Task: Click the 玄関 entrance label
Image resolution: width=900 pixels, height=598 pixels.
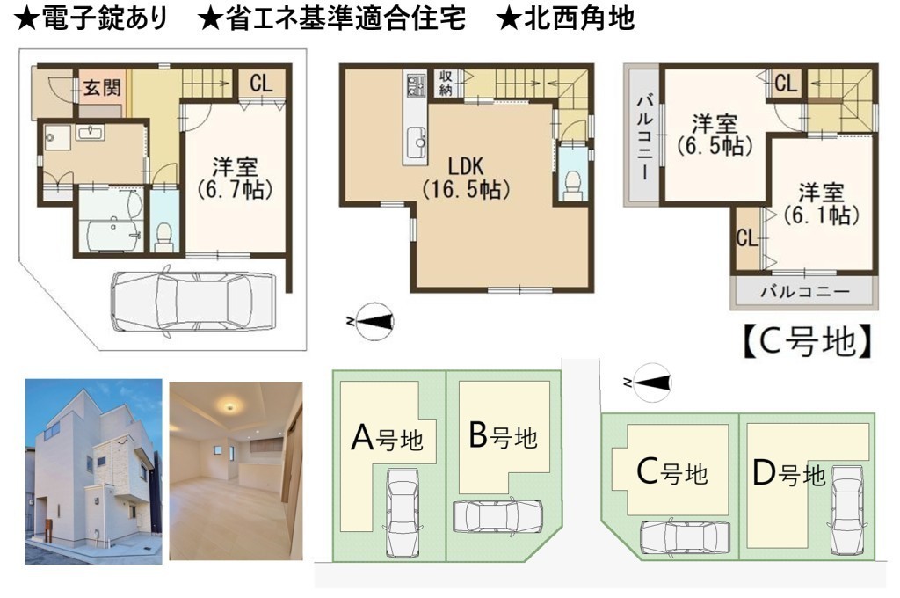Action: pos(102,88)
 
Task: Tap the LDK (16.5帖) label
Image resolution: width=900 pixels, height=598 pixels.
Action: pos(466,178)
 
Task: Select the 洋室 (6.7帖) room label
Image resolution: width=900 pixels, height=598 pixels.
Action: pos(235,178)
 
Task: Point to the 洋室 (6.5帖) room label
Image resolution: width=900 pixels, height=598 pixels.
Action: pos(715,135)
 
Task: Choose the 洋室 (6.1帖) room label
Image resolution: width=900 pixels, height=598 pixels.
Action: pos(822,203)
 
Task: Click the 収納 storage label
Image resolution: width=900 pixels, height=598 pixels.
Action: pos(446,83)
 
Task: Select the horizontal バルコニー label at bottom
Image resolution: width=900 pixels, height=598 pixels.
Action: pos(805,292)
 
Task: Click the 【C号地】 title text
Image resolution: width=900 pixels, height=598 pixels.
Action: pos(808,341)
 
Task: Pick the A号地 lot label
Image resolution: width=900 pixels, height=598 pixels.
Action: pos(387,438)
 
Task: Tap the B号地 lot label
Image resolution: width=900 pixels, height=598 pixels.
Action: pos(503,435)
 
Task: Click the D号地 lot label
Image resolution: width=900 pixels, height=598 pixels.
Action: pos(788,475)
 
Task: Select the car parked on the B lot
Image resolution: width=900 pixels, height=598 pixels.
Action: pos(497,516)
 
